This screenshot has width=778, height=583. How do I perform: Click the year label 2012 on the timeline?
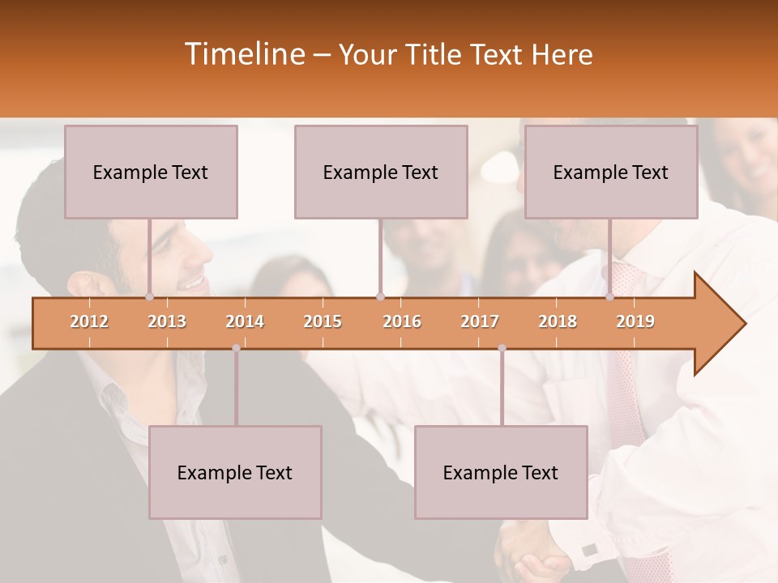pyautogui.click(x=89, y=321)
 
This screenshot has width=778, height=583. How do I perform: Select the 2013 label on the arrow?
pyautogui.click(x=167, y=321)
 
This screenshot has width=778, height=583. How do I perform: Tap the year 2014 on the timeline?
pyautogui.click(x=245, y=321)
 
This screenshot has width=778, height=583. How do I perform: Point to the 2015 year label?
pyautogui.click(x=323, y=321)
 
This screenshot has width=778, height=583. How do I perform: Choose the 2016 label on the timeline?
pyautogui.click(x=402, y=321)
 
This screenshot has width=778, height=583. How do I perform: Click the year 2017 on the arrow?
pyautogui.click(x=480, y=321)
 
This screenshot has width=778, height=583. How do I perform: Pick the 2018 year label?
pyautogui.click(x=558, y=321)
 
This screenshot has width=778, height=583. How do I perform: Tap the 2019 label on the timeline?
pyautogui.click(x=635, y=321)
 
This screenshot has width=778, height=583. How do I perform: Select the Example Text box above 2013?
pyautogui.click(x=151, y=172)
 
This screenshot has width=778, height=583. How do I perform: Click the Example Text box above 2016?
pyautogui.click(x=381, y=172)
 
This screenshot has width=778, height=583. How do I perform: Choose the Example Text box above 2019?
pyautogui.click(x=611, y=172)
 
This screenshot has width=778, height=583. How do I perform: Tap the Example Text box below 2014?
pyautogui.click(x=235, y=472)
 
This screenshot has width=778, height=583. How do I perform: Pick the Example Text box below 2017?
pyautogui.click(x=501, y=472)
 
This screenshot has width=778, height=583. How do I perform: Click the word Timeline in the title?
pyautogui.click(x=243, y=54)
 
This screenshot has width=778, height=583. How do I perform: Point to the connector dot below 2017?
pyautogui.click(x=502, y=348)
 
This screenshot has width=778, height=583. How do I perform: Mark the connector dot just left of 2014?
pyautogui.click(x=236, y=348)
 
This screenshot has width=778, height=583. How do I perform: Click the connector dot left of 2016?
pyautogui.click(x=380, y=297)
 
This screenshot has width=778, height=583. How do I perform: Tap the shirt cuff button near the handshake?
pyautogui.click(x=589, y=550)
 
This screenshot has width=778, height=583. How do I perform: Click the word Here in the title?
pyautogui.click(x=562, y=54)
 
